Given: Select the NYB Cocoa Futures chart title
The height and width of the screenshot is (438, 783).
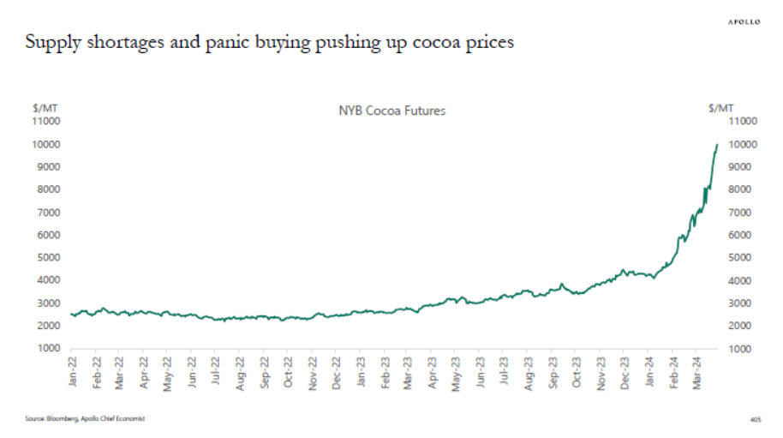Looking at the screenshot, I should click(392, 111).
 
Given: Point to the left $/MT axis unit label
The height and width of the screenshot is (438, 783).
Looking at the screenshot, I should click(45, 108).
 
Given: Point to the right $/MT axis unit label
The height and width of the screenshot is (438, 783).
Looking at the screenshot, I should click(722, 108).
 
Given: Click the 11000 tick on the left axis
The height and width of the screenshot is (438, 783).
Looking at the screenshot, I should click(45, 121).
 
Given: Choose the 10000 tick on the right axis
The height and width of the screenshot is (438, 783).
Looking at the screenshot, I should click(742, 144).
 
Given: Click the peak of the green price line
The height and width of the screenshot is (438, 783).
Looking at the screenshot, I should click(717, 145).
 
